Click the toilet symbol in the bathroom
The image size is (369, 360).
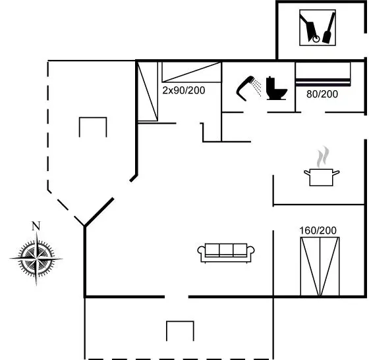(x=276, y=89)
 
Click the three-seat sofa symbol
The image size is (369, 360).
(x=226, y=253)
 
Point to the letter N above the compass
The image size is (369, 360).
(x=36, y=226)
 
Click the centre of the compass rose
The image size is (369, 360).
(x=36, y=259)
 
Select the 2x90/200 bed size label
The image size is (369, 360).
(x=184, y=90)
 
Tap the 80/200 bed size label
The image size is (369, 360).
(x=322, y=94)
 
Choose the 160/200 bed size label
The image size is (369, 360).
(x=318, y=230)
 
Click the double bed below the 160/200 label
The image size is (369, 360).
(x=320, y=267)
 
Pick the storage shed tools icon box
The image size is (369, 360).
(x=318, y=28)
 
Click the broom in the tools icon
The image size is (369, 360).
(x=329, y=28)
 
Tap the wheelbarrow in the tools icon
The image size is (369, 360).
(x=310, y=28)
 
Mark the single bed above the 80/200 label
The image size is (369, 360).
(x=323, y=74)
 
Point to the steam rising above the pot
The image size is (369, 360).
(x=323, y=157)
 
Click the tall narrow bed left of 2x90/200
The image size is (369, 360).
(x=148, y=91)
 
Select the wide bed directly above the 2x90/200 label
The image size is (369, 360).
(x=191, y=72)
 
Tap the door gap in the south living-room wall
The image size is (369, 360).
(x=177, y=297)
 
